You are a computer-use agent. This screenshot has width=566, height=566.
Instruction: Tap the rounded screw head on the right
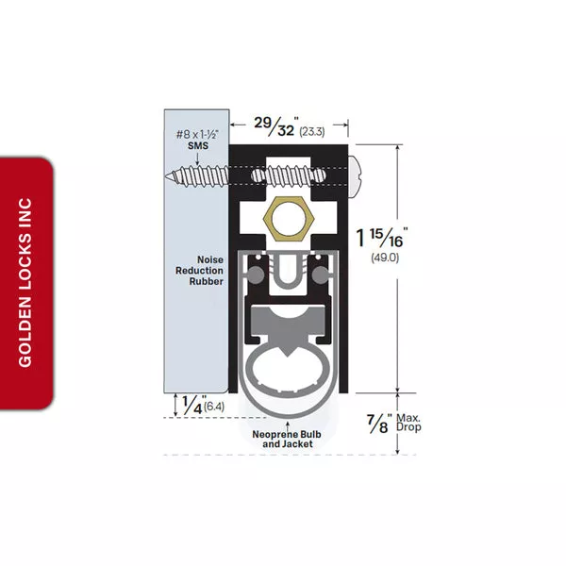(354, 176)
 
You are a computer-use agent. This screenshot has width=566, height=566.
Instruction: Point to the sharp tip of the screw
(167, 176)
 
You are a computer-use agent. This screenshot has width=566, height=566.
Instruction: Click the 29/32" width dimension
(277, 126)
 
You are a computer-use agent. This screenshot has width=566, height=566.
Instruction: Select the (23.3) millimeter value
(312, 131)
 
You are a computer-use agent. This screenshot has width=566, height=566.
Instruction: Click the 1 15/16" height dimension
(382, 238)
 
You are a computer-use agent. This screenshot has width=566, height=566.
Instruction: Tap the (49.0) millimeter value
(385, 258)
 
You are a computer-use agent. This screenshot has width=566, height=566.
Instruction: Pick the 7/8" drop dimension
(379, 424)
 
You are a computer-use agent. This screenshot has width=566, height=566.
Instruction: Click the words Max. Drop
(408, 423)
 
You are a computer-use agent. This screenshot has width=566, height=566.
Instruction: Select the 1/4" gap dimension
(194, 405)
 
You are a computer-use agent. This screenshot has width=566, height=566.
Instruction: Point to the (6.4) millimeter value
(214, 407)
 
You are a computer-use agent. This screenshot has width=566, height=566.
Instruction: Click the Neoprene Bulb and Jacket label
(287, 439)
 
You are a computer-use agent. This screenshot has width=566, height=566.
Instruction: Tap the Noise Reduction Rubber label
(199, 271)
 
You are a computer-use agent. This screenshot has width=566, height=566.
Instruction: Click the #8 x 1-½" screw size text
(198, 135)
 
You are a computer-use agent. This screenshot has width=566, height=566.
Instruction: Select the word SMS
(198, 145)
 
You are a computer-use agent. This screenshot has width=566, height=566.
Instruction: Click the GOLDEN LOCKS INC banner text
(25, 283)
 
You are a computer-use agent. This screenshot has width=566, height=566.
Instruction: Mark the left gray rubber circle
(256, 275)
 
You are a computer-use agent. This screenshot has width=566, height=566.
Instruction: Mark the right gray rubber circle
(320, 275)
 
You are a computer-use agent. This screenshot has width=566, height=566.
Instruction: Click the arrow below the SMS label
(198, 158)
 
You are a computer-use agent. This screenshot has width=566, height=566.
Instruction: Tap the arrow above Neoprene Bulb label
(288, 424)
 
